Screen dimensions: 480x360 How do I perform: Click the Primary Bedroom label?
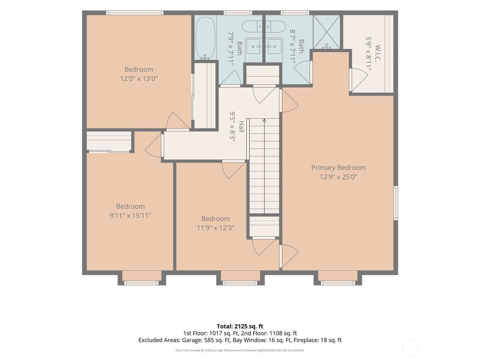tap(338, 168)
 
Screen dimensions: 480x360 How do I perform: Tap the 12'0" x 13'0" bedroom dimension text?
tap(139, 78)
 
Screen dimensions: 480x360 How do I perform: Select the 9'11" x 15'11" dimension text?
tap(130, 216)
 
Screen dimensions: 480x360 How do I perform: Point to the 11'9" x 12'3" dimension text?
tap(216, 228)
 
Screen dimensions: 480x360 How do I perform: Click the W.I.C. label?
tap(378, 53)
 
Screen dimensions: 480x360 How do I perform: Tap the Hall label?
tap(241, 126)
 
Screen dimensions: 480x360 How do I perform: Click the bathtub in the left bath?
tap(205, 38)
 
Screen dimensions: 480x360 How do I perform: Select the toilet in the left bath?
tap(252, 27)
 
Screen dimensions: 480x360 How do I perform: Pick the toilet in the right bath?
tap(276, 27)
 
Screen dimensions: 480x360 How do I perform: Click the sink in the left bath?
tap(253, 46)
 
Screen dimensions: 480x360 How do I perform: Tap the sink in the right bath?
tap(274, 46)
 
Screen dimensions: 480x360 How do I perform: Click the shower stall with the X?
tap(327, 32)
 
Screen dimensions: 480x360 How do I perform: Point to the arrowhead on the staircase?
tap(264, 120)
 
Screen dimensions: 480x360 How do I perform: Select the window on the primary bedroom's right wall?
tap(396, 203)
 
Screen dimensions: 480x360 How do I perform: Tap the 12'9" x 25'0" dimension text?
tap(338, 177)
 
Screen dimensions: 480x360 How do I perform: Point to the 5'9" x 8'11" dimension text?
tap(369, 54)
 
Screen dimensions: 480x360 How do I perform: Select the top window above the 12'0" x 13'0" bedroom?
tap(135, 13)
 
